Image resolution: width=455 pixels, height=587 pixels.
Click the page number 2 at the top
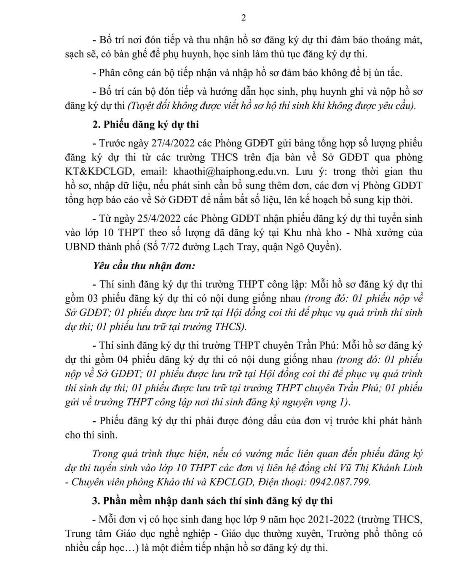tap(243, 18)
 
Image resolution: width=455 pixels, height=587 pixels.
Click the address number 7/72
tap(178, 247)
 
